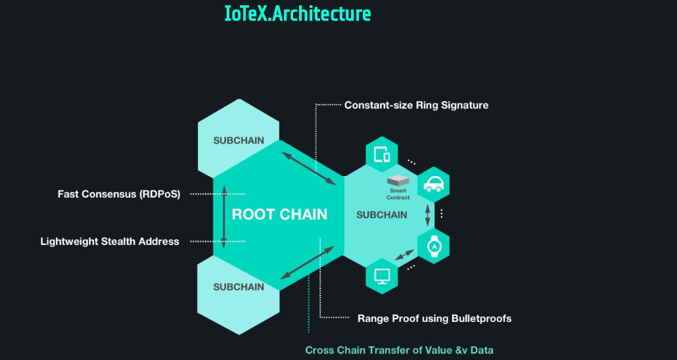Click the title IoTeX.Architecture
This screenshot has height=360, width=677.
[298, 14]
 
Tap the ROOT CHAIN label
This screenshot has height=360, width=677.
[279, 214]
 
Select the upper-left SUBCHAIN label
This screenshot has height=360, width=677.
[239, 141]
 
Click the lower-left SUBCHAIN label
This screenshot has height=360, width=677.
[239, 286]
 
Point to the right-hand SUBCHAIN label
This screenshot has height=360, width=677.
[381, 215]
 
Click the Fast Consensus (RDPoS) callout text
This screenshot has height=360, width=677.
[119, 194]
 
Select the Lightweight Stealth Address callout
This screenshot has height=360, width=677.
[110, 241]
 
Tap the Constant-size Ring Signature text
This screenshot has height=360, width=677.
[416, 104]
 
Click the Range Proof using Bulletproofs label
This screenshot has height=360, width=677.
[434, 319]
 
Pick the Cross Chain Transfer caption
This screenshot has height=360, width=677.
[399, 350]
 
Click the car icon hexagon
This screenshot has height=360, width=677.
[433, 184]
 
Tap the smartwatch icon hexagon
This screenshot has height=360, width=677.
[433, 246]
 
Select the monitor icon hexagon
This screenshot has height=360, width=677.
[382, 275]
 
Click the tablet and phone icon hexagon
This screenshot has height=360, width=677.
[382, 155]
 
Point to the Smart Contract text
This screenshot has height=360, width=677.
[398, 194]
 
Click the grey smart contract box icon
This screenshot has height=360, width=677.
[398, 181]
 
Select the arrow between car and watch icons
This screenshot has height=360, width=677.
[429, 215]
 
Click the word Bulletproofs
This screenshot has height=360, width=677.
[481, 319]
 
